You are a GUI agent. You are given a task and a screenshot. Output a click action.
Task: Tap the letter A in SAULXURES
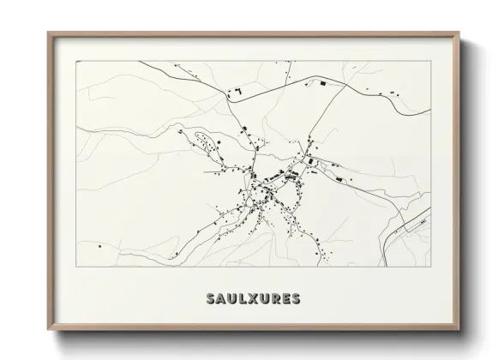pos(222,299)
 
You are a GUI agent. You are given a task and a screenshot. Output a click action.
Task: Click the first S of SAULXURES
pos(211,299)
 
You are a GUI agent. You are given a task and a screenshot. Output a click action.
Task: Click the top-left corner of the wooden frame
pos(48,33)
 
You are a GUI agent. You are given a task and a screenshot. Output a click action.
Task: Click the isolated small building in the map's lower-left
pos(100,247)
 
